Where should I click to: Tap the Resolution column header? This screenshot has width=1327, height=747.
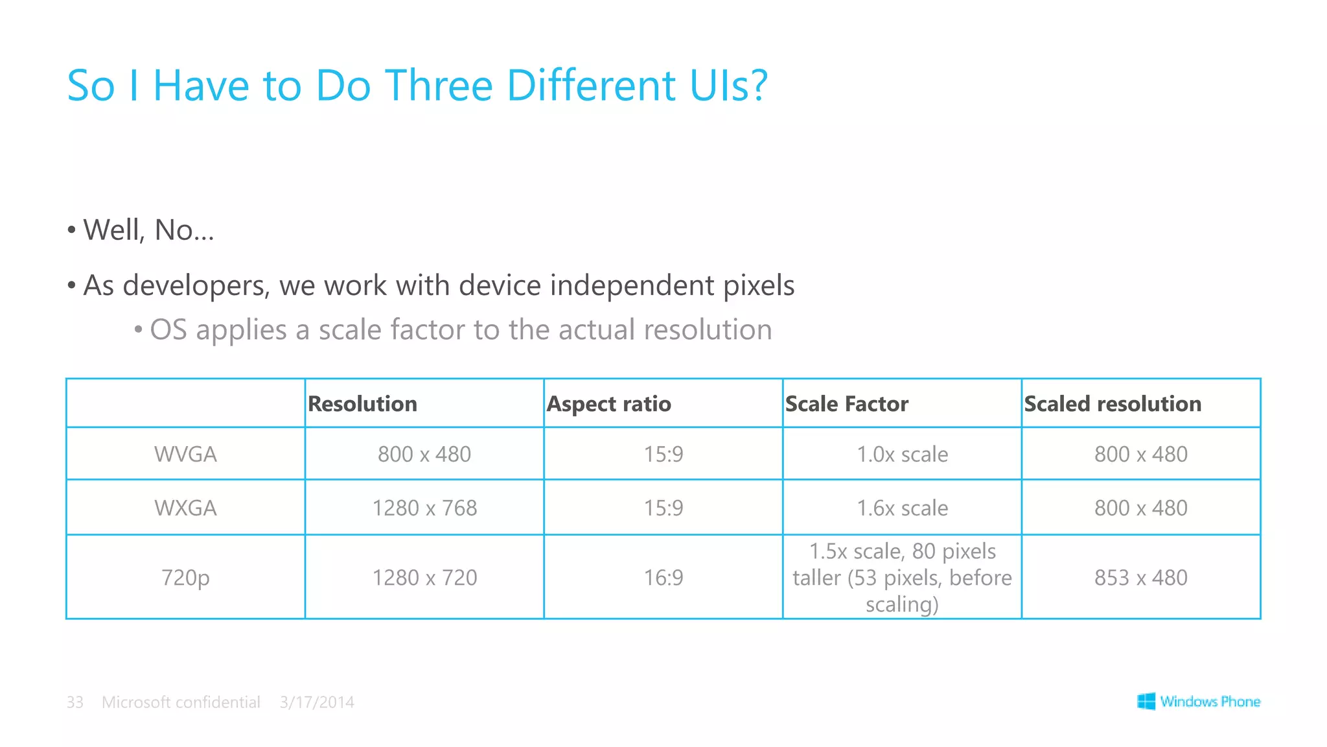pyautogui.click(x=362, y=404)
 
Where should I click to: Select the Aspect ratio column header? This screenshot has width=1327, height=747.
pyautogui.click(x=608, y=404)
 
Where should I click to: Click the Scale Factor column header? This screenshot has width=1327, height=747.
pyautogui.click(x=846, y=404)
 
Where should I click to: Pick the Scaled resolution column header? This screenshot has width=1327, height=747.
pyautogui.click(x=1112, y=404)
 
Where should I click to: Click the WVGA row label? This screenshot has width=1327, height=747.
pyautogui.click(x=185, y=454)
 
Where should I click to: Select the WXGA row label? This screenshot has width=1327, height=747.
pyautogui.click(x=185, y=508)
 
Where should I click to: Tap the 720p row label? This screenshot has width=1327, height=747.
pyautogui.click(x=185, y=577)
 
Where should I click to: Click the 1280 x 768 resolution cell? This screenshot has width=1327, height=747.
pyautogui.click(x=424, y=508)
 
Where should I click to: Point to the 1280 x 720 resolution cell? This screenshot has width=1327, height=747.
pyautogui.click(x=424, y=577)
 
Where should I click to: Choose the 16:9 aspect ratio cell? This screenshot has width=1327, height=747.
pyautogui.click(x=663, y=577)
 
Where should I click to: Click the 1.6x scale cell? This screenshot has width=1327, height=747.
pyautogui.click(x=902, y=508)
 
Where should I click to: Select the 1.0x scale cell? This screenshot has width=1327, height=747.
pyautogui.click(x=902, y=454)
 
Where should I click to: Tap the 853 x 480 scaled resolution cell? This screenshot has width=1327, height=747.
pyautogui.click(x=1140, y=577)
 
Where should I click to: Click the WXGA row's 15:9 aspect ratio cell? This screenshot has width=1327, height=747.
pyautogui.click(x=663, y=508)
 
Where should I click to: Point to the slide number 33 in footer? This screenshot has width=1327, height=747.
pyautogui.click(x=75, y=702)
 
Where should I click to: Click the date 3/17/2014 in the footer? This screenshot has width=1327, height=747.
pyautogui.click(x=317, y=702)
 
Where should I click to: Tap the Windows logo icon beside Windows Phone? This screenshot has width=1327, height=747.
pyautogui.click(x=1146, y=701)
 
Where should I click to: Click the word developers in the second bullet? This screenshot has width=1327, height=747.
pyautogui.click(x=194, y=286)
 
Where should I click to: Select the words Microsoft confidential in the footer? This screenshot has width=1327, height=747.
pyautogui.click(x=181, y=702)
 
